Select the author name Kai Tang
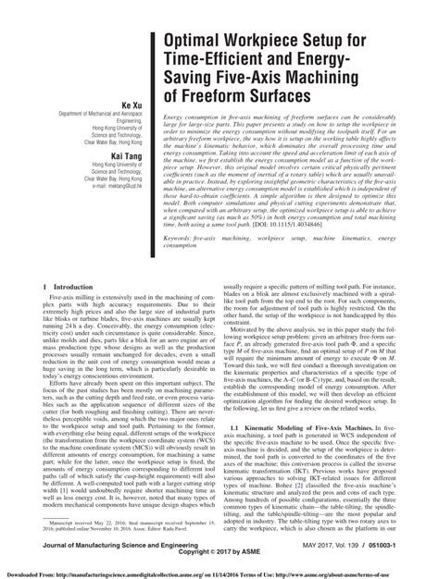[121, 132]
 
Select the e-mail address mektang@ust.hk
[111, 185]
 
